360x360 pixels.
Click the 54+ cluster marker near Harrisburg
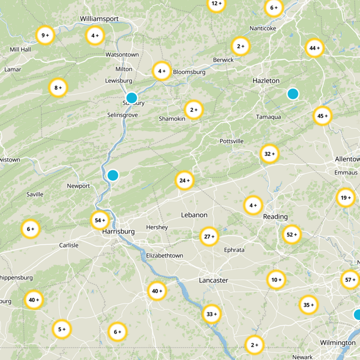pos(100,220)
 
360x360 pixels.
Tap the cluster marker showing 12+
pos(216,4)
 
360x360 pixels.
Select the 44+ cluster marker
pos(314,48)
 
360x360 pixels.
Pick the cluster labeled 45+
pos(322,116)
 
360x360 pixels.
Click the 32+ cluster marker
pos(270,154)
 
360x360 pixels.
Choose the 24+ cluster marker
pos(184,180)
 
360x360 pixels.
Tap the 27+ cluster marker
pos(209,236)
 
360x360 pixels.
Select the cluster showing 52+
pos(292,234)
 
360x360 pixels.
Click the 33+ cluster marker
pos(211,314)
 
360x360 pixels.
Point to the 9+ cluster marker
pos(45,35)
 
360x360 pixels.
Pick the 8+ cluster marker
pos(58,88)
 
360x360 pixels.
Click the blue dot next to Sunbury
pos(131,98)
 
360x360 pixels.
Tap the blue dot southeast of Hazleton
pos(293,94)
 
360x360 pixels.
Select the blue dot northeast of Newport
pos(112,175)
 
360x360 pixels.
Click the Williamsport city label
pos(99,18)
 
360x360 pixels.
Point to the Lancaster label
pos(213,280)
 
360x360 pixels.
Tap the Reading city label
pos(275,216)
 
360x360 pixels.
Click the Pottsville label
pos(231,141)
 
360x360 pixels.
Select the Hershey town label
pos(157,227)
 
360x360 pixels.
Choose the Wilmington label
pos(337,343)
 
